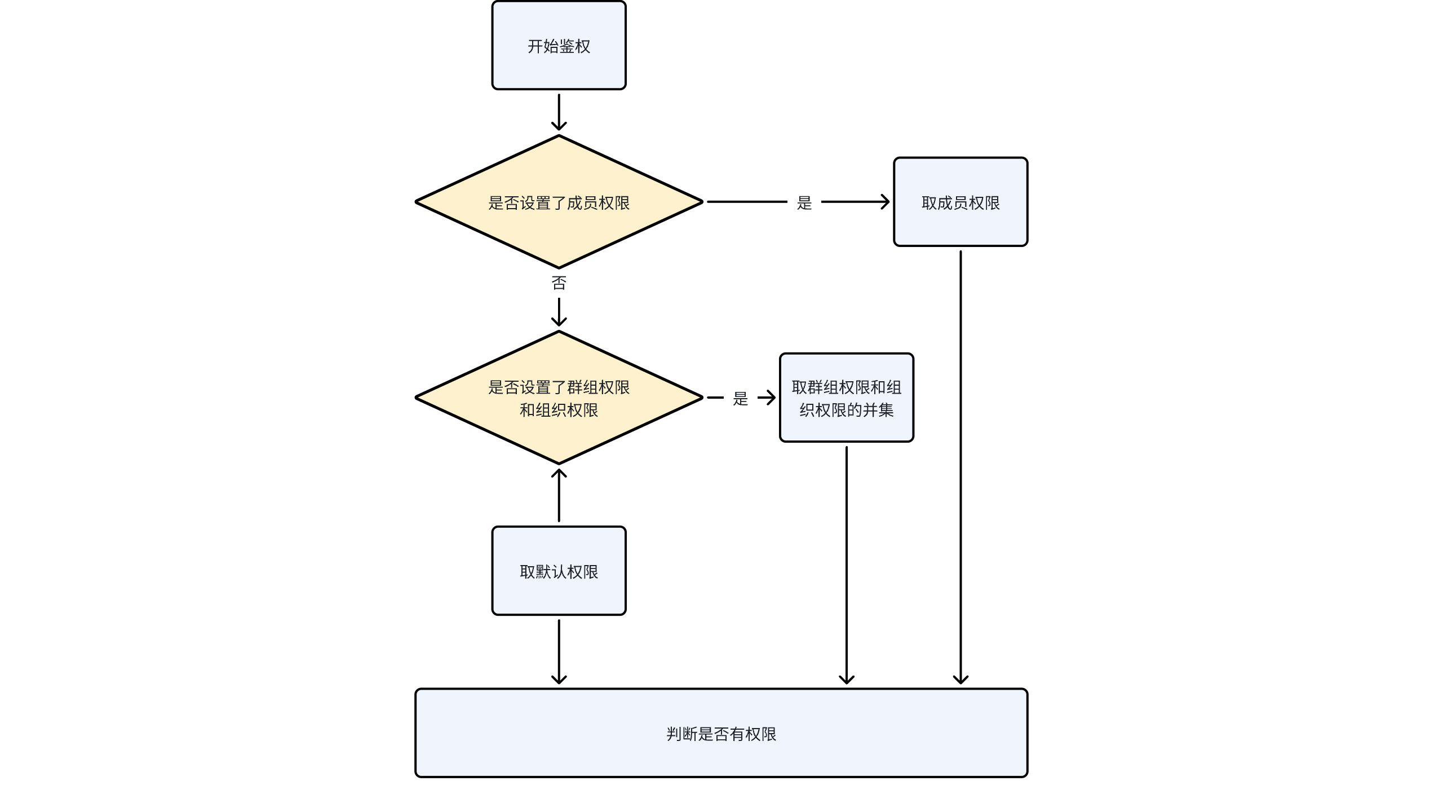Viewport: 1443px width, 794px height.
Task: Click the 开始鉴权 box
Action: pyautogui.click(x=559, y=45)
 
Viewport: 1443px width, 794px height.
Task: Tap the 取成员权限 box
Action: pyautogui.click(x=960, y=202)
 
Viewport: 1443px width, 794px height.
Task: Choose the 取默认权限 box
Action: pyautogui.click(x=559, y=571)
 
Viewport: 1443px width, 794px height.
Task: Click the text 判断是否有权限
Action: pyautogui.click(x=721, y=734)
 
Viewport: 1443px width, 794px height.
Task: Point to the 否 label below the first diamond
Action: pyautogui.click(x=559, y=283)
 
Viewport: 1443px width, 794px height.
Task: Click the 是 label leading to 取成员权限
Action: pyautogui.click(x=804, y=202)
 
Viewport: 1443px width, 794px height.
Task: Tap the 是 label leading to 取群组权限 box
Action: pyautogui.click(x=740, y=398)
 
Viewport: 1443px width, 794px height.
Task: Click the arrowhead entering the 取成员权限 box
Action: pyautogui.click(x=885, y=202)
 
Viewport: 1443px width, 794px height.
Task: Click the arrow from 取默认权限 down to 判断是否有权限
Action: pyautogui.click(x=559, y=651)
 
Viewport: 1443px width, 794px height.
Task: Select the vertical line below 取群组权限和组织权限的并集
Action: pyautogui.click(x=846, y=564)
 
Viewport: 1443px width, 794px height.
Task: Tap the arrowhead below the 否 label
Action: pyautogui.click(x=559, y=321)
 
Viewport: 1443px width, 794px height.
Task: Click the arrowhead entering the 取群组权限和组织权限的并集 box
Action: pyautogui.click(x=770, y=398)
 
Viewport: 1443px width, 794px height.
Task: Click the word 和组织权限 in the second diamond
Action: pyautogui.click(x=559, y=410)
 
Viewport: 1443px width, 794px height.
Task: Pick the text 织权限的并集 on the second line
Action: pyautogui.click(x=846, y=410)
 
